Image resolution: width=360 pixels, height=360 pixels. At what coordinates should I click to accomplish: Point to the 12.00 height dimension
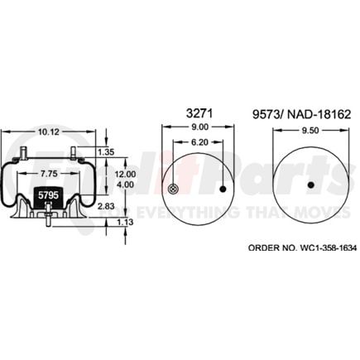(x=124, y=175)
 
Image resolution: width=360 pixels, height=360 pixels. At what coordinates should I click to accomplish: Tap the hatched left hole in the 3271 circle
(x=171, y=190)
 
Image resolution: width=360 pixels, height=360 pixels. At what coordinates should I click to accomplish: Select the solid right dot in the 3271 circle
(x=223, y=190)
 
